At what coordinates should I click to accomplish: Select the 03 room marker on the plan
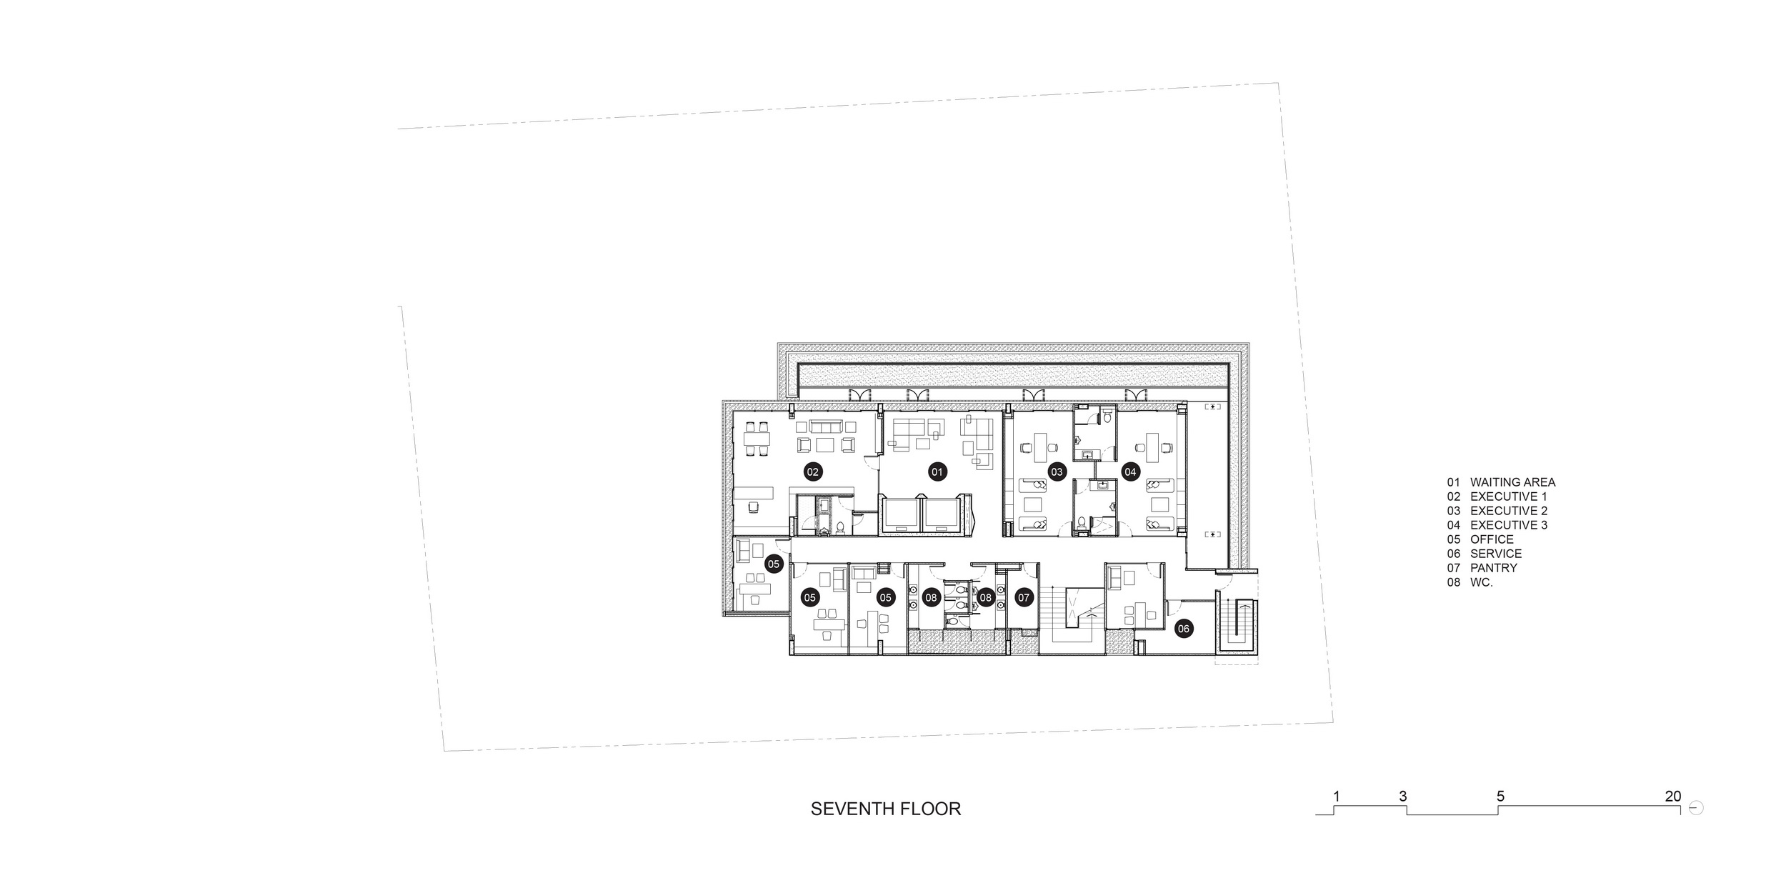pos(1057,472)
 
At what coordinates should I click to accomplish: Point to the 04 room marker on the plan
pos(1130,472)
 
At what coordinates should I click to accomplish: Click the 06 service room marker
pos(1184,629)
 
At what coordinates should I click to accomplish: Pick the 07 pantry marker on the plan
pos(1024,597)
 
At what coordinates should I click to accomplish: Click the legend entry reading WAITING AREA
pos(1512,482)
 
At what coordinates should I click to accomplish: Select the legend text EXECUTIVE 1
pos(1508,497)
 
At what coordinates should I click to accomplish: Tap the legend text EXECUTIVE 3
pos(1509,525)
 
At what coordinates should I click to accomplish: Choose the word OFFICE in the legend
pos(1492,539)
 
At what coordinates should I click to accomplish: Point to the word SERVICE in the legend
pos(1496,554)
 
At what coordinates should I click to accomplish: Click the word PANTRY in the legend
pos(1494,568)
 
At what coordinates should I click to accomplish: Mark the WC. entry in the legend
pos(1482,582)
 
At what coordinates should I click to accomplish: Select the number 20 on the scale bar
pos(1673,796)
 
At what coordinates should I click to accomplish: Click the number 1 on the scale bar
pos(1336,796)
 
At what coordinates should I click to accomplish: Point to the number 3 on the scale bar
pos(1403,796)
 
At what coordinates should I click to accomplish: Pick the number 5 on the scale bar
pos(1500,796)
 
